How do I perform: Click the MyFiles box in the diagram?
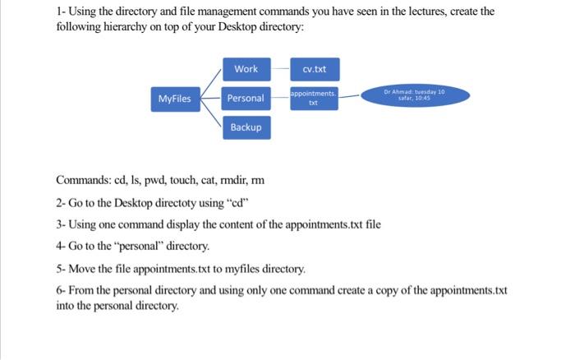pyautogui.click(x=174, y=99)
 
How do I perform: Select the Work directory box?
pyautogui.click(x=246, y=69)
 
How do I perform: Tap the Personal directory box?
pyautogui.click(x=246, y=99)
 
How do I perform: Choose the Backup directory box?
pyautogui.click(x=246, y=127)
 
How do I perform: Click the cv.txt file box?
pyautogui.click(x=313, y=69)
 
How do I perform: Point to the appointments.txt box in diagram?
pyautogui.click(x=313, y=99)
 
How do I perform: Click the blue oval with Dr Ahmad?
pyautogui.click(x=414, y=95)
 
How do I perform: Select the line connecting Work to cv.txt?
pyautogui.click(x=279, y=69)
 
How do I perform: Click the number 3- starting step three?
pyautogui.click(x=61, y=224)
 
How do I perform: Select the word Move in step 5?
pyautogui.click(x=83, y=268)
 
